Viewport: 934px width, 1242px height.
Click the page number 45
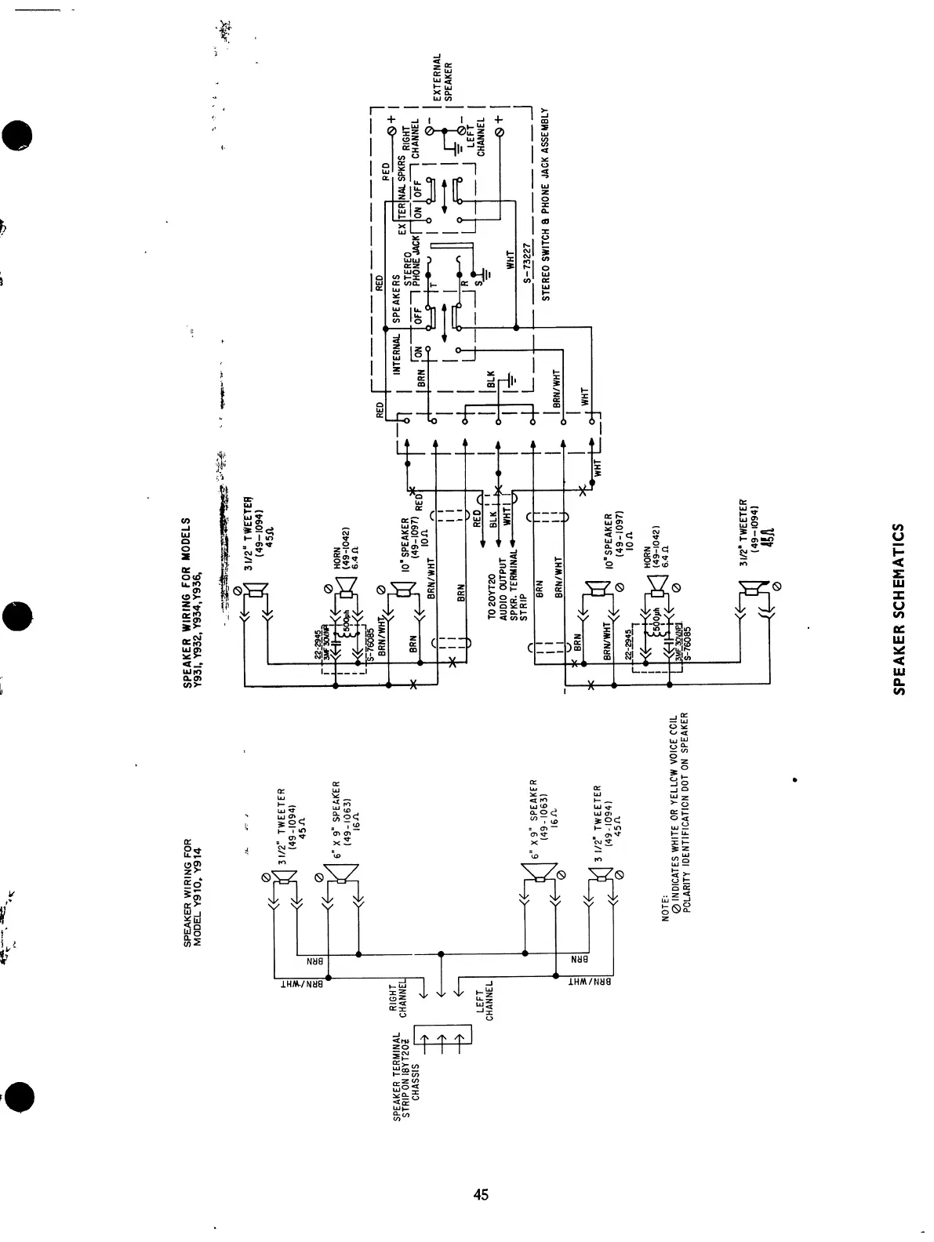coord(480,1194)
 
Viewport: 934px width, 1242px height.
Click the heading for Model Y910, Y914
coord(192,893)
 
